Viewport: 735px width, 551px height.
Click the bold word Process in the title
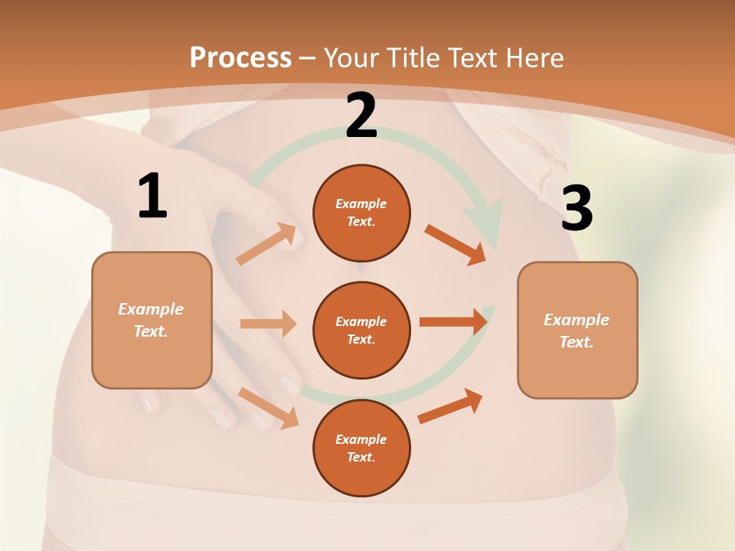point(240,57)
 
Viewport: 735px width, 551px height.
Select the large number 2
point(361,116)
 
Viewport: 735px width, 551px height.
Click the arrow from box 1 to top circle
point(266,244)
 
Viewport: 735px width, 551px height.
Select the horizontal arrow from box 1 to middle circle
point(268,324)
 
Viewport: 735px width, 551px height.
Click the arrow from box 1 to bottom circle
point(268,407)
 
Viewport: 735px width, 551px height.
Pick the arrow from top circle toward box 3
point(455,245)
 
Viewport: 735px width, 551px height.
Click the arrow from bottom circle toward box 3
point(450,406)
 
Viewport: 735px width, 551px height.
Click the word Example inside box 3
point(577,320)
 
